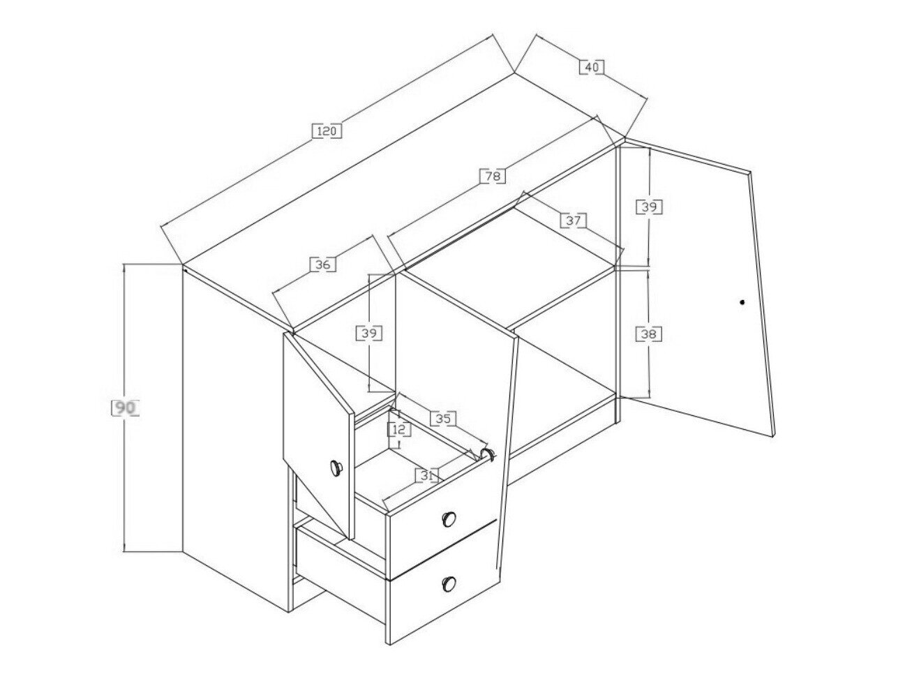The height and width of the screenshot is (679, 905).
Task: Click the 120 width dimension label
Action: point(326,131)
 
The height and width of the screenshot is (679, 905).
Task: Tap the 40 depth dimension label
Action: point(592,67)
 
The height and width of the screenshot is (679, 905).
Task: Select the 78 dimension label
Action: point(493,176)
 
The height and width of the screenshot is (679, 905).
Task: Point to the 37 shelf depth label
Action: point(574,221)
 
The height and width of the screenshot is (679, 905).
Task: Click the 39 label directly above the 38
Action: point(650,207)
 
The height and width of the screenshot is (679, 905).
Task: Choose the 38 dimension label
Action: point(649,334)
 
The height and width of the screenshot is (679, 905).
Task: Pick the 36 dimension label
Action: point(323,264)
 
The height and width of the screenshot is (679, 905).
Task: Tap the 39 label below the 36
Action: point(369,334)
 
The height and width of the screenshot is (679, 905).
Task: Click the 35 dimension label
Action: point(443,419)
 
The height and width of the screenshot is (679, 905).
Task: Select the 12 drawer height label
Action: point(399,430)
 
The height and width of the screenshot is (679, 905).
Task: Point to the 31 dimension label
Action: point(426,475)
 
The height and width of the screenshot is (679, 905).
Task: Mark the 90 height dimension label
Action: point(126,408)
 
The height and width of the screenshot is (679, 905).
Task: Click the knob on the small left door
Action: point(336,468)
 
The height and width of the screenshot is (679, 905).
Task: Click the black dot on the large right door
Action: point(742,302)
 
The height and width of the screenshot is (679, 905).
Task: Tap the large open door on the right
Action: point(697,288)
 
